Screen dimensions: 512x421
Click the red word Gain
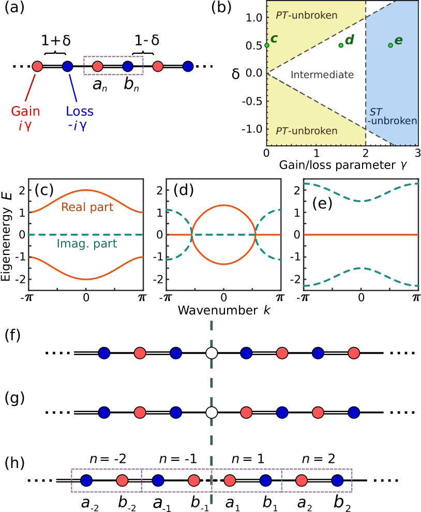pyautogui.click(x=25, y=111)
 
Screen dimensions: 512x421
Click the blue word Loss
pyautogui.click(x=80, y=111)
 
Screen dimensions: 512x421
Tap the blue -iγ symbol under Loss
pyautogui.click(x=77, y=125)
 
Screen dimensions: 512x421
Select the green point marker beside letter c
pyautogui.click(x=267, y=46)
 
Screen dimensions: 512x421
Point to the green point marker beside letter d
pyautogui.click(x=341, y=46)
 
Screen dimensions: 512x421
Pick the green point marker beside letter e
pyautogui.click(x=390, y=46)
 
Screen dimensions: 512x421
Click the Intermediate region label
pyautogui.click(x=322, y=75)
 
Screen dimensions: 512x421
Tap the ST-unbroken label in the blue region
pyautogui.click(x=392, y=117)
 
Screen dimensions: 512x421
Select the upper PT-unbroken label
pyautogui.click(x=306, y=16)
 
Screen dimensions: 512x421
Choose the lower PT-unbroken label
pyautogui.click(x=306, y=131)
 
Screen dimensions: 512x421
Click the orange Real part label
pyautogui.click(x=87, y=207)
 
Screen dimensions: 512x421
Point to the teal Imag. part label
pyautogui.click(x=86, y=244)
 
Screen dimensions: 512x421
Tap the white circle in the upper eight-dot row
pyautogui.click(x=211, y=353)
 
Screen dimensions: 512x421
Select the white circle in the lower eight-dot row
pyautogui.click(x=211, y=413)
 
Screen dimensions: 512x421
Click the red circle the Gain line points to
pyautogui.click(x=37, y=66)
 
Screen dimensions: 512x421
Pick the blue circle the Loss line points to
pyautogui.click(x=67, y=66)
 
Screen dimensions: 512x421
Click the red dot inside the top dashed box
pyautogui.click(x=97, y=66)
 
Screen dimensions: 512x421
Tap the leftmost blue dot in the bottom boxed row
pyautogui.click(x=86, y=481)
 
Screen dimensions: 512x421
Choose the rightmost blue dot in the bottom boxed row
pyautogui.click(x=337, y=481)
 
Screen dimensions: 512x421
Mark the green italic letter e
pyautogui.click(x=398, y=40)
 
